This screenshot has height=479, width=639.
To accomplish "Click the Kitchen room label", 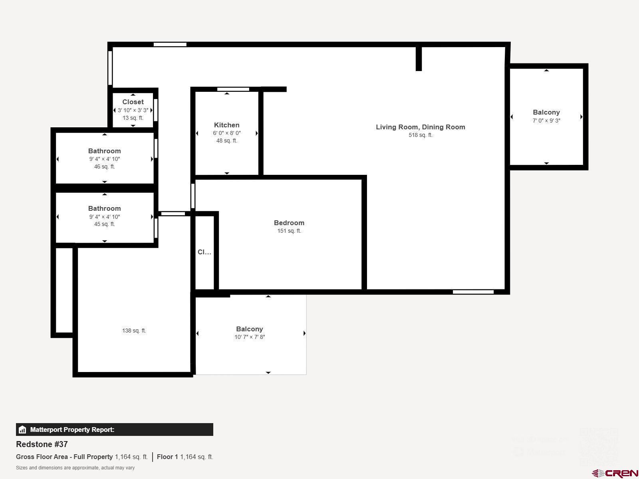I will pos(226,125).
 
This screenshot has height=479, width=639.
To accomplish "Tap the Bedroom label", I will pos(289,223).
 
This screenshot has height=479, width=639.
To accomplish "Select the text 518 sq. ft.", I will pos(420,135).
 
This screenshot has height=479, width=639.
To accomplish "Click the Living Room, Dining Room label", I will pos(420,127).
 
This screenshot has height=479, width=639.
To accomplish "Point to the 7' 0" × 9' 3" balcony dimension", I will pos(546,121).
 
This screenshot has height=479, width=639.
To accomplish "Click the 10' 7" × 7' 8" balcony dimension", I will pos(250,337).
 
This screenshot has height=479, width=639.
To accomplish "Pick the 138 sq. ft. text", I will pos(134,331).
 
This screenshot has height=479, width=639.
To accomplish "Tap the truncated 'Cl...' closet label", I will pos(204,252).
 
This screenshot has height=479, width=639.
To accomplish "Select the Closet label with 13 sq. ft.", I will pos(133,102).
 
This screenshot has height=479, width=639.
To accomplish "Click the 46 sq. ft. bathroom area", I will pos(104,166).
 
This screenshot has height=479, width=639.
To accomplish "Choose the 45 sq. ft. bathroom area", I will pos(104,224).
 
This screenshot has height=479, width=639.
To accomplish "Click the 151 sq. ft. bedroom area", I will pos(289,231).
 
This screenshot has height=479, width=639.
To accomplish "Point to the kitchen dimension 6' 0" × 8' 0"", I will pos(226,133).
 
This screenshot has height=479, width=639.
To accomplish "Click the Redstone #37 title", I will pos(42,444).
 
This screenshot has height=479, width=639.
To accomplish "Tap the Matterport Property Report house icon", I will pos(22,430).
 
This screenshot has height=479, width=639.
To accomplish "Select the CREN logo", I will pos(615,473).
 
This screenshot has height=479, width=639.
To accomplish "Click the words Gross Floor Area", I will pos(44,457).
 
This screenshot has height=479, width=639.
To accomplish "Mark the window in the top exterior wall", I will pos(170,44).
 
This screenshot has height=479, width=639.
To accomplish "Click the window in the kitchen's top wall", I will pos(233,89).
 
